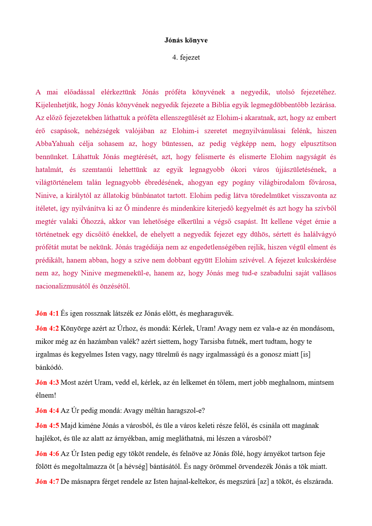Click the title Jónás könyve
[x=186, y=40]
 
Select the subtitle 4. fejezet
[x=186, y=58]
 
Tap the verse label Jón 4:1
[x=47, y=313]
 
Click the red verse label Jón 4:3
[x=47, y=383]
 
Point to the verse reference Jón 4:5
[x=47, y=426]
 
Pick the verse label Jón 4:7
[x=47, y=482]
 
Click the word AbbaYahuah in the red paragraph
[x=55, y=144]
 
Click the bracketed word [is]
[x=305, y=354]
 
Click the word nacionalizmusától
[x=63, y=286]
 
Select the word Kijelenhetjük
[x=56, y=105]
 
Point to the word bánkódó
[x=49, y=368]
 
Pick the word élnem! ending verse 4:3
[x=46, y=395]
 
